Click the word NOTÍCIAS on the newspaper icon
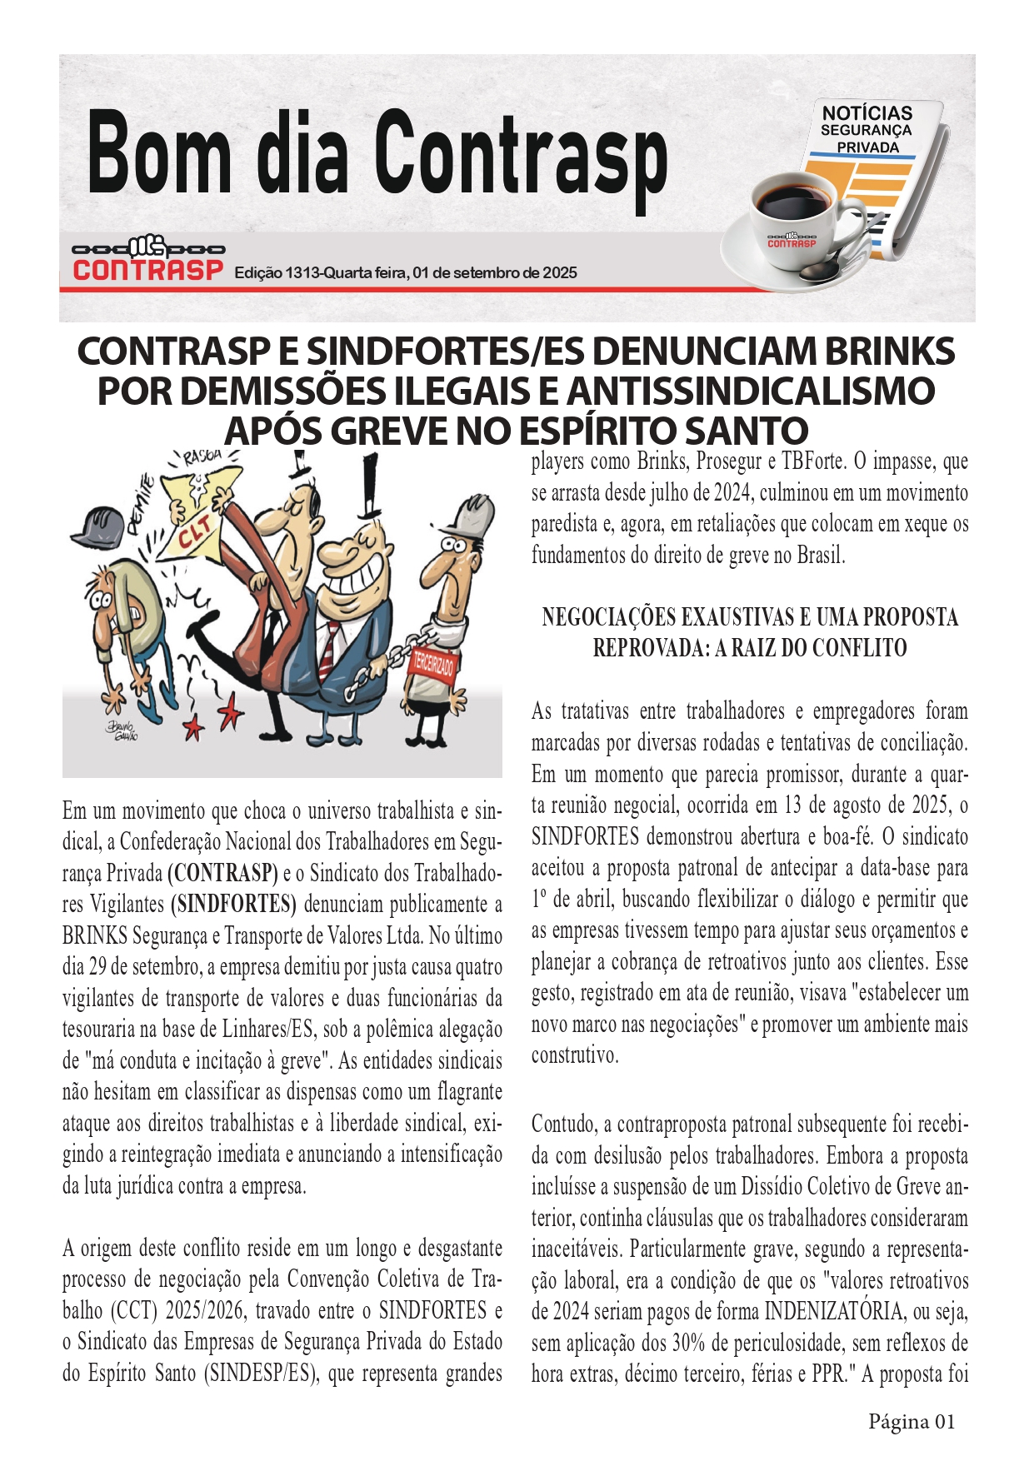pos(867,113)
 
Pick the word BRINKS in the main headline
pos(889,352)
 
